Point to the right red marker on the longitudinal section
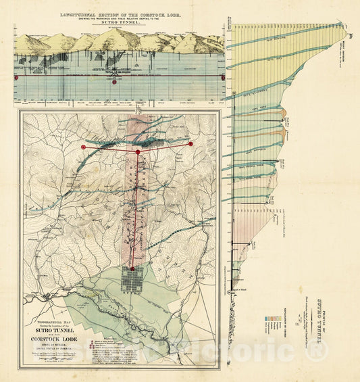coord(223,78)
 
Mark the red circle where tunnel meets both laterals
coord(138,152)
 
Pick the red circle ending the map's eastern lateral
coord(190,143)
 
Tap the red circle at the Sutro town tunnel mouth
coord(132,268)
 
